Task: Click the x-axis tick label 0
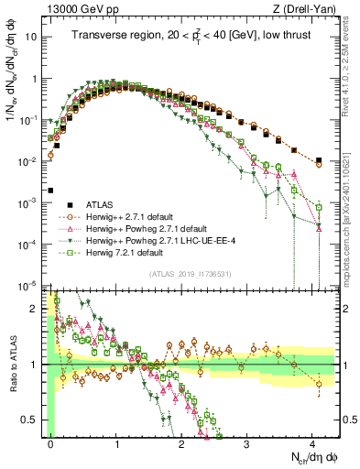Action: click(x=51, y=442)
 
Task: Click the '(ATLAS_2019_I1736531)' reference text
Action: click(x=189, y=274)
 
